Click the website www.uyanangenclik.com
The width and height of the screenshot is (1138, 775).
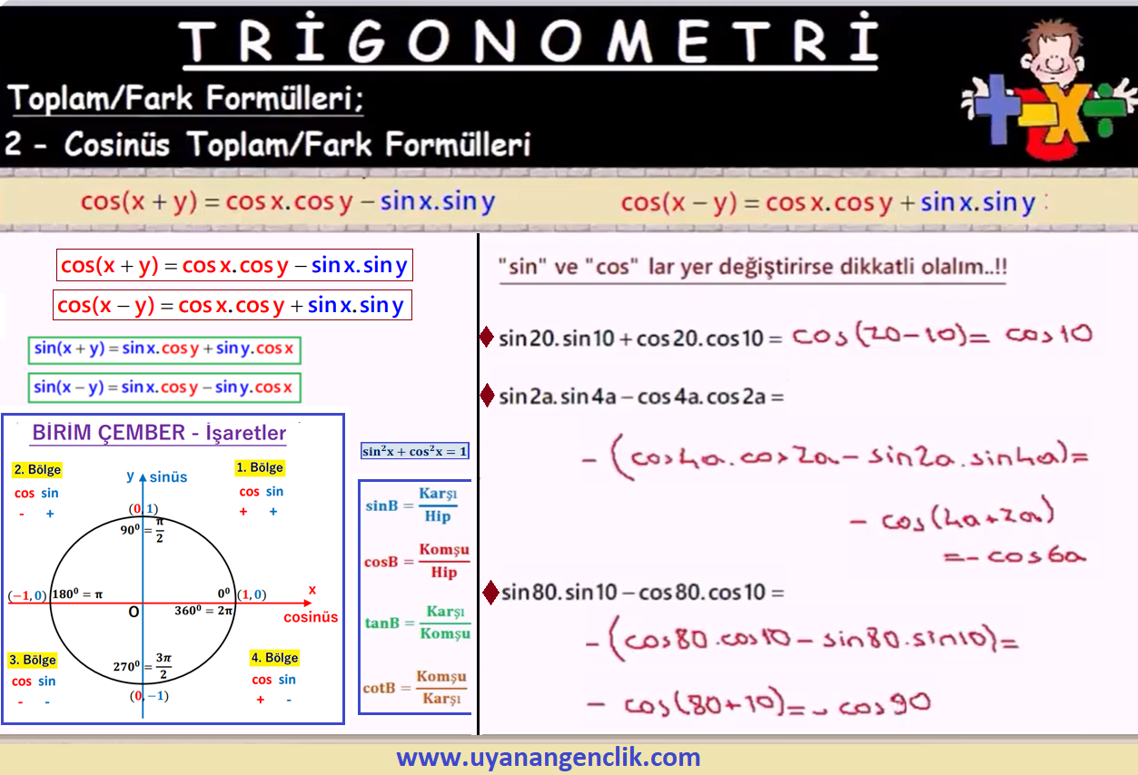click(x=549, y=757)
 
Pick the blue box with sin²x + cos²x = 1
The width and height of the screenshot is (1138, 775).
click(x=414, y=451)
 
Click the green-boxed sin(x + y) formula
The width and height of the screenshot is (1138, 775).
click(x=164, y=349)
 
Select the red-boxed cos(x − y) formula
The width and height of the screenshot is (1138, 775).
click(x=233, y=305)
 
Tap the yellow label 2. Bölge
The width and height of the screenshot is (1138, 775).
click(x=37, y=469)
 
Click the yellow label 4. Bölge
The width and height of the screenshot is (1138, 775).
click(x=275, y=658)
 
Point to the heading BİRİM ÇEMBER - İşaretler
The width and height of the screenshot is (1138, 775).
click(x=159, y=433)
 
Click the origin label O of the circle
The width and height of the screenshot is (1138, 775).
click(x=134, y=612)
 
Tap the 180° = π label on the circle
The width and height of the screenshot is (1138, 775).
click(x=77, y=594)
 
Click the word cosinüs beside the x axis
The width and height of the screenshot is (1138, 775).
click(x=311, y=617)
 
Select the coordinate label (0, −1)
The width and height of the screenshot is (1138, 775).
click(x=149, y=695)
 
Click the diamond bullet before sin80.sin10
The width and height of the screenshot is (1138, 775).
click(x=490, y=593)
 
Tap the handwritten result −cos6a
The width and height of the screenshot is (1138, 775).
click(x=1014, y=555)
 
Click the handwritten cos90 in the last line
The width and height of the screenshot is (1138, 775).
click(x=884, y=704)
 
